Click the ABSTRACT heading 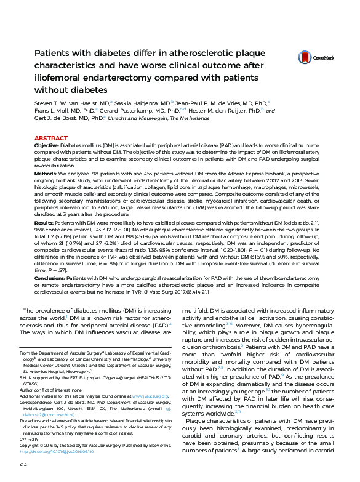[x=51, y=139]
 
